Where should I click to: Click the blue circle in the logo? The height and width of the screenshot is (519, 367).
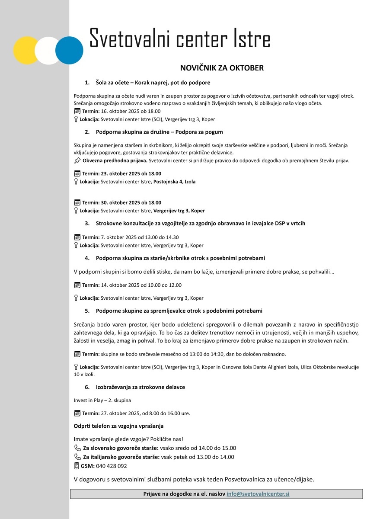tap(69, 51)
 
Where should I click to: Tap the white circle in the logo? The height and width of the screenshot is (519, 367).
tap(48, 51)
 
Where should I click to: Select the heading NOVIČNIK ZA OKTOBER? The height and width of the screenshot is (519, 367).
tap(222, 68)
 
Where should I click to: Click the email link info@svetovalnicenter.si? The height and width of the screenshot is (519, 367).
tap(258, 493)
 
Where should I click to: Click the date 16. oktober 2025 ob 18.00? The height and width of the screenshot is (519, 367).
tap(131, 111)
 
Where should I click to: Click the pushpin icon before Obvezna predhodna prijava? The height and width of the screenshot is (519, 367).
tap(77, 160)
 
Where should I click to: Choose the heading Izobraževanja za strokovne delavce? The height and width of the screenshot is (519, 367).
tap(140, 387)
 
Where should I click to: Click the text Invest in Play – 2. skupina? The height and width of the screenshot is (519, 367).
tap(102, 400)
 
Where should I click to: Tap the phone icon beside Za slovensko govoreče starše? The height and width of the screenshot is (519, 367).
tap(77, 448)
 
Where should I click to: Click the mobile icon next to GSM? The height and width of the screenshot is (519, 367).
tap(77, 466)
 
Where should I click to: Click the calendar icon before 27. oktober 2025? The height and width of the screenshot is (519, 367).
tap(77, 413)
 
